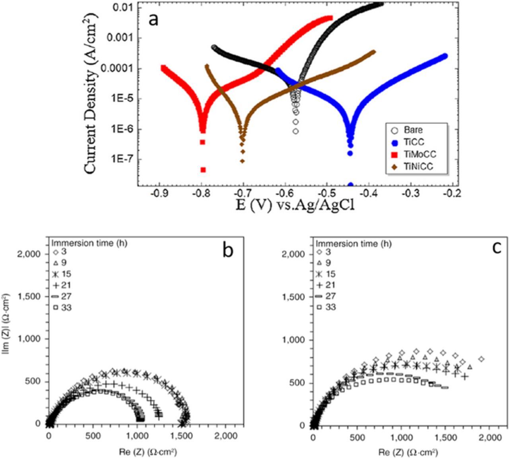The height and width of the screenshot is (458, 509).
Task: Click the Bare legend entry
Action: point(413,130)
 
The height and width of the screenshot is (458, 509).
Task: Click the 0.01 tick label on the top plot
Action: point(122,8)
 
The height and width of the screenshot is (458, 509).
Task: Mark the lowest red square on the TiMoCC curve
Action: point(203,170)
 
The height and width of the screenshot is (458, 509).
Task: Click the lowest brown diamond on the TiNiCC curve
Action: point(242,161)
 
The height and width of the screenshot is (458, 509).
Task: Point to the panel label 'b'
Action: point(227,251)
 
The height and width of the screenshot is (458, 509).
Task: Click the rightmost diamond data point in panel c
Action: point(482,359)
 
